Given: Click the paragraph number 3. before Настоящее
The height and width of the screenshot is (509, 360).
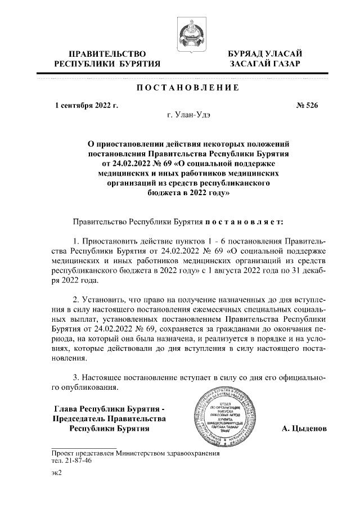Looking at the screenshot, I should (x=77, y=377).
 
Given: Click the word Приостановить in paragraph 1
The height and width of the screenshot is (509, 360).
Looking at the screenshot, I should (x=110, y=241).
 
